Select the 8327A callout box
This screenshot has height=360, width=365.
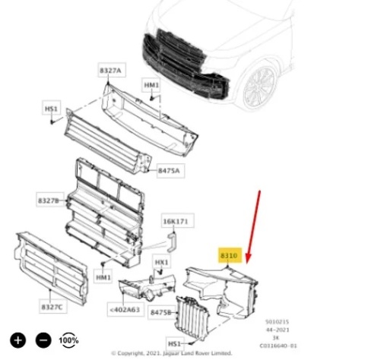tap(109, 71)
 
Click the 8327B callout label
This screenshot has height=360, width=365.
tap(49, 200)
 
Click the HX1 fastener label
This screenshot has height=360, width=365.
tap(161, 263)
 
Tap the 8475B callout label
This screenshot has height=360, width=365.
tap(161, 312)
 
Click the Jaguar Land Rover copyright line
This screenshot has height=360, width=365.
tap(171, 353)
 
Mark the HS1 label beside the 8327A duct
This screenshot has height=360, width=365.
tap(52, 109)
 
